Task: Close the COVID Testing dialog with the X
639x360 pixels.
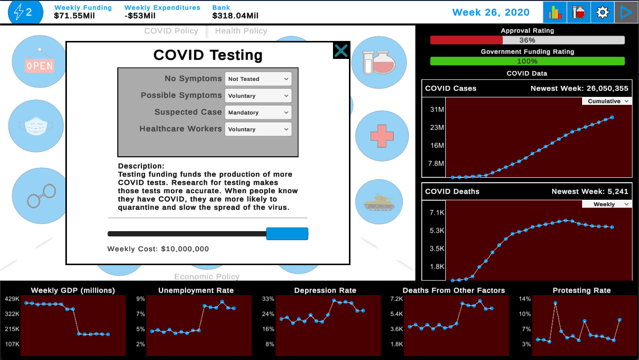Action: click(341, 50)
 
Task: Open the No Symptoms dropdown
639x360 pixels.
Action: click(258, 79)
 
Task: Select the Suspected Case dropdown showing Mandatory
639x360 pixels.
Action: click(258, 112)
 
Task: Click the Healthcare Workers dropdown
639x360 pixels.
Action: click(258, 129)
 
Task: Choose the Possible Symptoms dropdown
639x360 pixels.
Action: click(258, 96)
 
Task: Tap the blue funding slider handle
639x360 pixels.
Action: click(287, 234)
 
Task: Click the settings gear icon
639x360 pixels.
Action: click(603, 12)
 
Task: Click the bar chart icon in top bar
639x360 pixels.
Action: click(555, 12)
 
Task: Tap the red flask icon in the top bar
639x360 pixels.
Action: click(579, 12)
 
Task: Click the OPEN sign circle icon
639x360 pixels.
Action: click(39, 62)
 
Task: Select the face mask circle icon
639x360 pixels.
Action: click(36, 126)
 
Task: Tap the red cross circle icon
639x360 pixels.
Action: click(382, 136)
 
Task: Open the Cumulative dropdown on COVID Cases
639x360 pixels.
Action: click(607, 101)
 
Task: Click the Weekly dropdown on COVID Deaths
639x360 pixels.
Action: click(607, 204)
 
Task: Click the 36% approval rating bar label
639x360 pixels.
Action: click(527, 40)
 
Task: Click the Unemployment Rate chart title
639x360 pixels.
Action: click(196, 290)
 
